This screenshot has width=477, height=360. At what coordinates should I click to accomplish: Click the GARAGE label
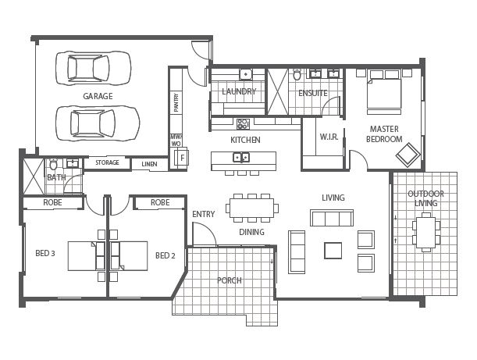point(98,96)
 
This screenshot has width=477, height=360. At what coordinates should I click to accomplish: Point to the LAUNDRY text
point(239,91)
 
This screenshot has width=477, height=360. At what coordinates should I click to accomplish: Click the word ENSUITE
point(313,93)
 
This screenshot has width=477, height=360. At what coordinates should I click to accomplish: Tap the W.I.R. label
point(328,137)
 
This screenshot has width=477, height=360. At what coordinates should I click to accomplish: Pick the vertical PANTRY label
point(177,103)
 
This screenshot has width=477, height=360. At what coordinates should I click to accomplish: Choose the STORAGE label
point(107,162)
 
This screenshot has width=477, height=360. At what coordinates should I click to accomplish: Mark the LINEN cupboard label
point(148,164)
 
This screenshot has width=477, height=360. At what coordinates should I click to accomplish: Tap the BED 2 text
point(164,255)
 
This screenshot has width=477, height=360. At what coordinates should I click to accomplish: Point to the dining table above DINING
point(251,208)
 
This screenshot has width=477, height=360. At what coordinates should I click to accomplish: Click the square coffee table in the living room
point(333,250)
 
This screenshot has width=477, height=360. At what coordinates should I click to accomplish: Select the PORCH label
point(229,280)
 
